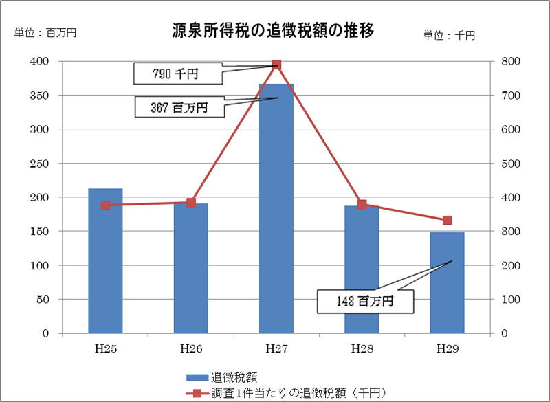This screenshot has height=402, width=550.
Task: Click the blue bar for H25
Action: [x=105, y=261]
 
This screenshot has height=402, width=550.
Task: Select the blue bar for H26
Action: [x=190, y=268]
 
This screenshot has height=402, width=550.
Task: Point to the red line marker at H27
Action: [x=276, y=65]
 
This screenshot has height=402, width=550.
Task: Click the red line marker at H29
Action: [x=448, y=221]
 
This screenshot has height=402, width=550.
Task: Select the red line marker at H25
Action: [x=106, y=205]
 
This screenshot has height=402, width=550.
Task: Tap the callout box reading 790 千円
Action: [x=177, y=73]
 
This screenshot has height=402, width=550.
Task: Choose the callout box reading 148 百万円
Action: [x=365, y=300]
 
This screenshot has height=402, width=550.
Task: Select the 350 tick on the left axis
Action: [x=40, y=96]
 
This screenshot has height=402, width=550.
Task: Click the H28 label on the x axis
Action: [x=362, y=348]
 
